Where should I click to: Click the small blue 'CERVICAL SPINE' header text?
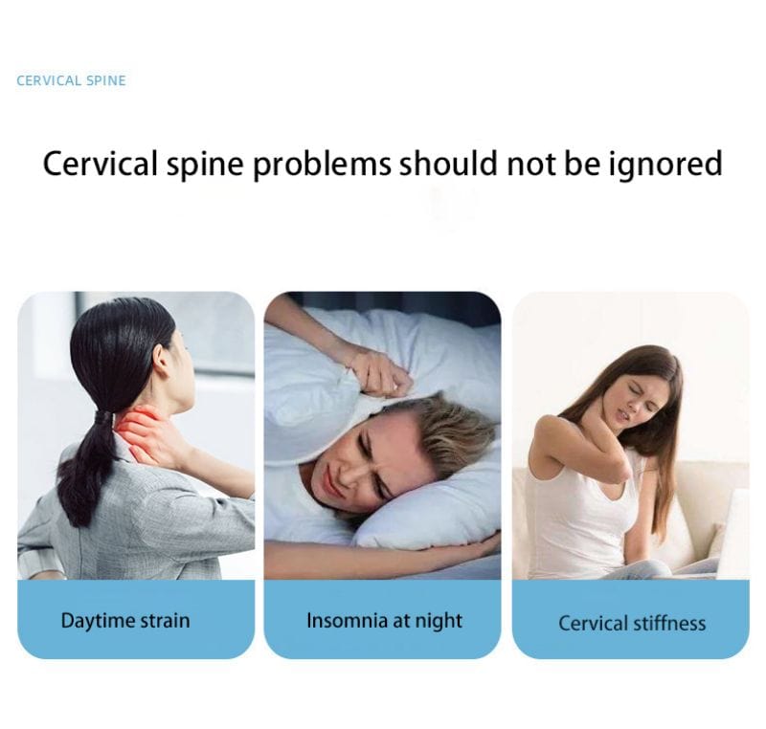[71, 80]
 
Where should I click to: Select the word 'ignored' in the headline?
[665, 164]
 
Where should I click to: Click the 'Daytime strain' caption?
[125, 620]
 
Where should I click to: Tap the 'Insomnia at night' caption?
[384, 620]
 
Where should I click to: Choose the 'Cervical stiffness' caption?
[632, 624]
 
